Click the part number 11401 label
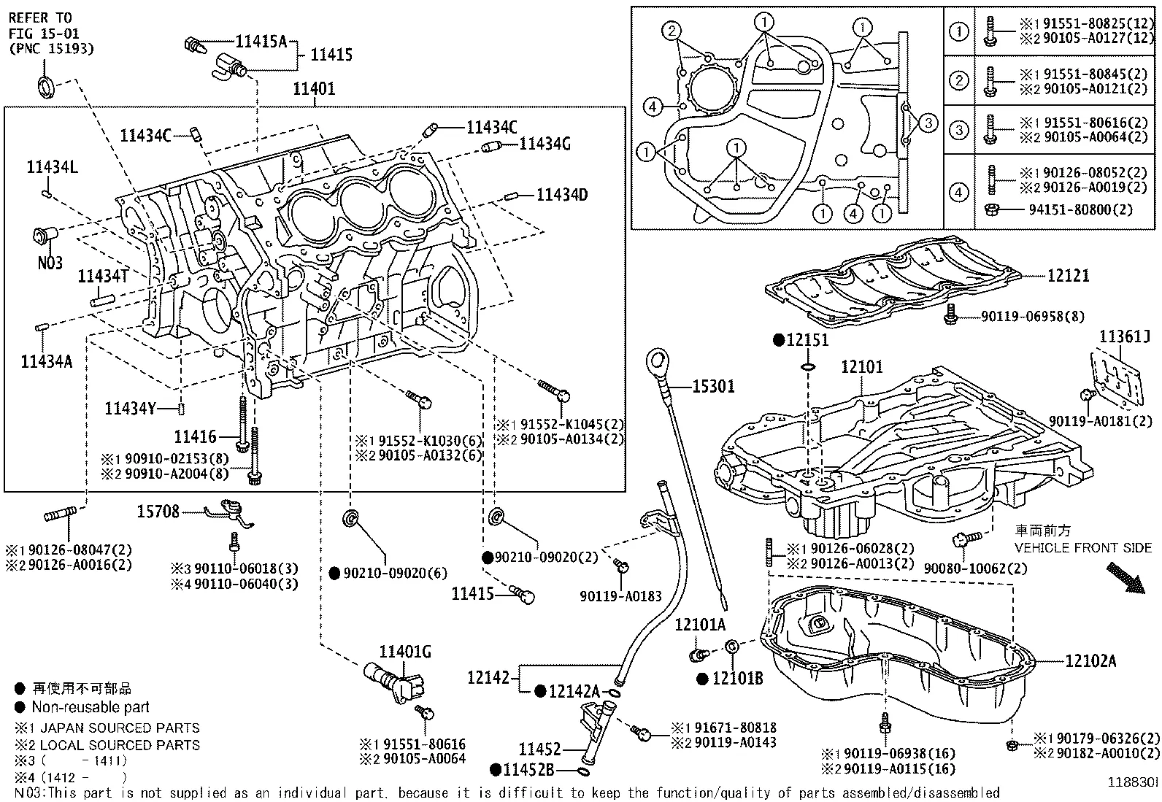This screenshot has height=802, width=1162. [314, 89]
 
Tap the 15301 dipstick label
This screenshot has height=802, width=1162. [712, 386]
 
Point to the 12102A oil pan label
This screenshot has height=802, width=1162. [1090, 661]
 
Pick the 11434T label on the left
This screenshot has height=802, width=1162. [103, 275]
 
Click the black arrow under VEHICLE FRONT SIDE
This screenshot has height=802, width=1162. [1125, 577]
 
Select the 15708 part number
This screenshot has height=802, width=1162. [158, 512]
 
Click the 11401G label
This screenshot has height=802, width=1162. [405, 651]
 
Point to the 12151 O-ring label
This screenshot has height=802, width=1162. [807, 340]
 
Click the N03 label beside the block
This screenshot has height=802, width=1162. [50, 263]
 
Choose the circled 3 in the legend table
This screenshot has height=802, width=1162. [958, 131]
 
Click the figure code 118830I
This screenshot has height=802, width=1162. [1133, 782]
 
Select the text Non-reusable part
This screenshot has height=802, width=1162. [91, 707]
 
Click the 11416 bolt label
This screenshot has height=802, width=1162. [195, 437]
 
